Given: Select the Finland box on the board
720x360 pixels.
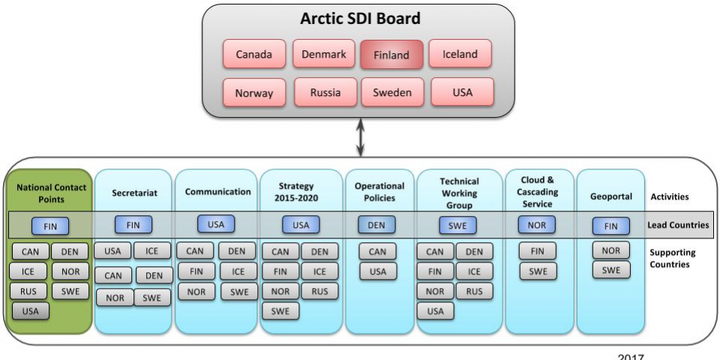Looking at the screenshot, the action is click(391, 55).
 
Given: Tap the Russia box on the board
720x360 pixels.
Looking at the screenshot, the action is click(325, 92).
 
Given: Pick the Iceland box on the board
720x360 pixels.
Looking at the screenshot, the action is click(460, 54).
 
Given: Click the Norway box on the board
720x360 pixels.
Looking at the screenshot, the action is click(254, 93).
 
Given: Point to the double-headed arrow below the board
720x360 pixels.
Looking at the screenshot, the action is click(361, 137).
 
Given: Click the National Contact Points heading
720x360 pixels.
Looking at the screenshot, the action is click(51, 193).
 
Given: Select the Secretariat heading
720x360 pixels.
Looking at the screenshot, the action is click(134, 193).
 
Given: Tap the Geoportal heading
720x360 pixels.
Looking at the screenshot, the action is click(610, 196).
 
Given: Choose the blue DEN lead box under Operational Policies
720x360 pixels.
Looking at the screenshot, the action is click(376, 225).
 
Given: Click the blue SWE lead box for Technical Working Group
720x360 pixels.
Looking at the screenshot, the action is click(457, 225).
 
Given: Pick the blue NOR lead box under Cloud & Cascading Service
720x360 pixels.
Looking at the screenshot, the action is click(537, 225).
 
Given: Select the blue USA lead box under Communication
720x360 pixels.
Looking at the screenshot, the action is click(216, 224).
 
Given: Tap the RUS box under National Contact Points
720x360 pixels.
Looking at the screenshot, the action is click(28, 291).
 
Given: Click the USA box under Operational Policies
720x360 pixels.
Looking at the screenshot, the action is click(378, 271).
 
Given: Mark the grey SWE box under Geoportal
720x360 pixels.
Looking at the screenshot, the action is click(611, 270).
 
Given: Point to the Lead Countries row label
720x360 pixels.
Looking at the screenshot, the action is click(678, 225).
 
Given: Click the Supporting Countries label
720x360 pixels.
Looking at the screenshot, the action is click(672, 259).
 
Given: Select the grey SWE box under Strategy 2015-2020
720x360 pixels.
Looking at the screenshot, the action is click(280, 310).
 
